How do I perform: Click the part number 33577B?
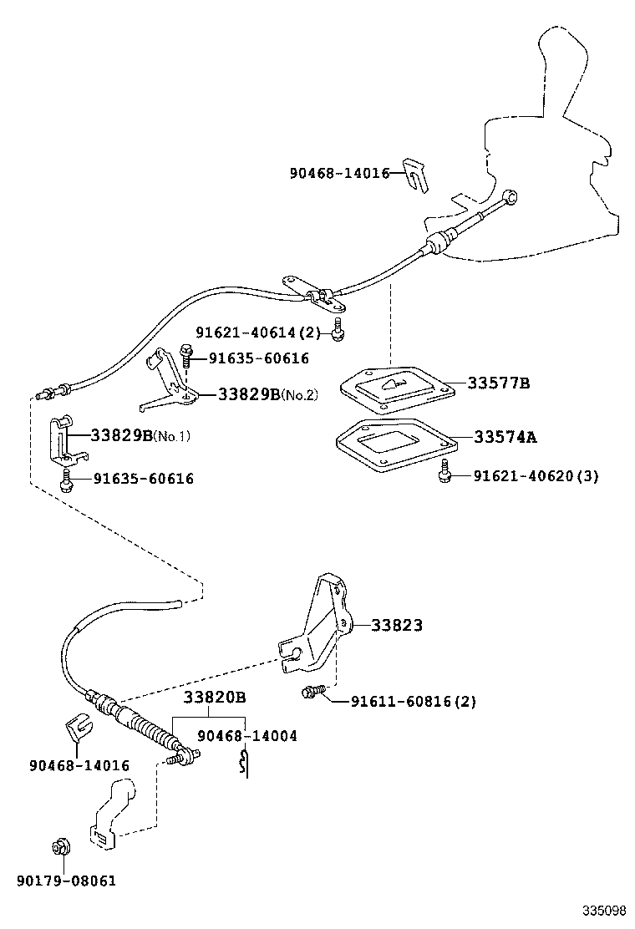[x=498, y=383]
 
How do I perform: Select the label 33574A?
[x=505, y=437]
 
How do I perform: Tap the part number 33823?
[x=397, y=625]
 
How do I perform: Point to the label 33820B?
[x=215, y=698]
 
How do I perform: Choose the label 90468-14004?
[x=247, y=736]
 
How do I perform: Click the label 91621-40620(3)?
[x=536, y=476]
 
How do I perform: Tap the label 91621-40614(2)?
[x=258, y=333]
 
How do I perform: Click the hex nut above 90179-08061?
[x=59, y=849]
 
